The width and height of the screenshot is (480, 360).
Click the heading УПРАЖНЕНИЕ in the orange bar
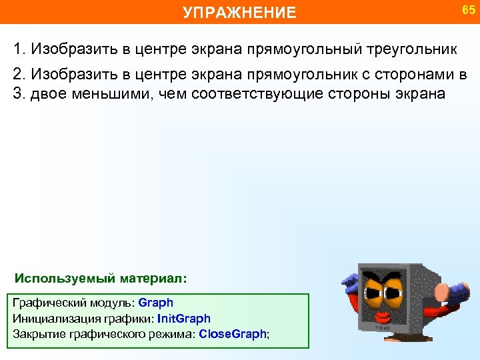tap(239, 12)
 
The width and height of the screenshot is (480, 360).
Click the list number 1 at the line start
tap(18, 49)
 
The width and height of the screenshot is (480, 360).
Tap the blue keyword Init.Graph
tap(184, 319)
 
